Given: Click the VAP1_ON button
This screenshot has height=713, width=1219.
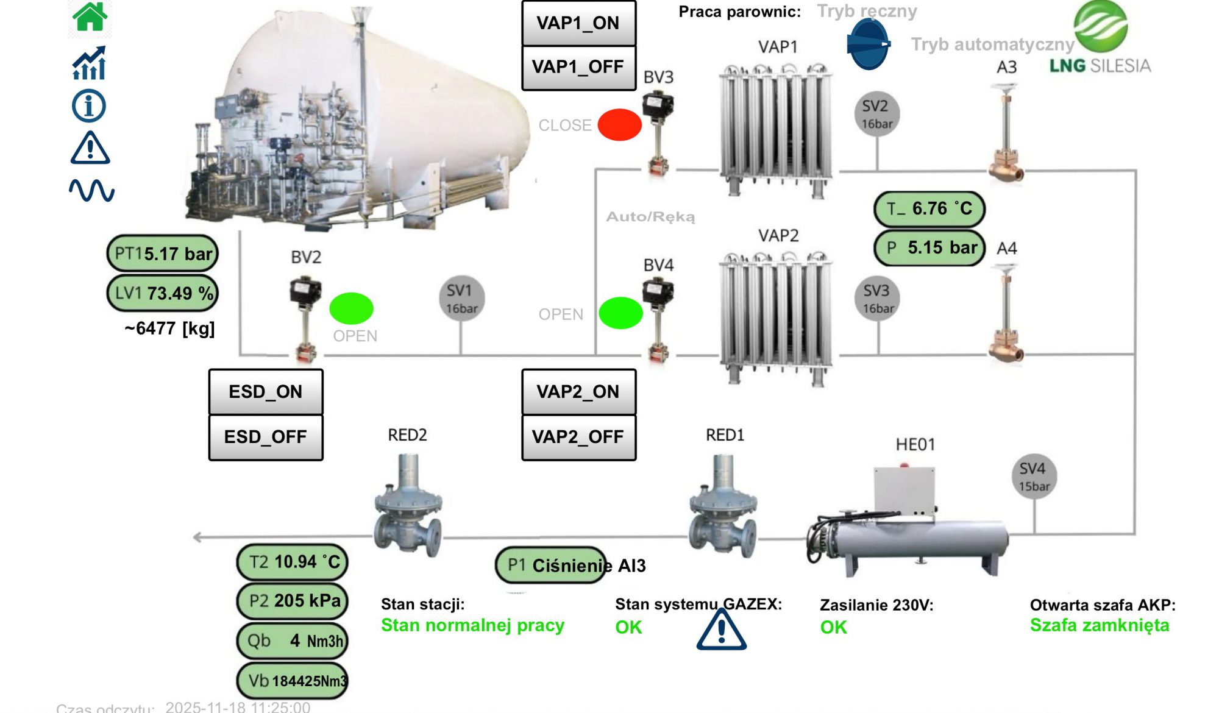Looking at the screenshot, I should [578, 23].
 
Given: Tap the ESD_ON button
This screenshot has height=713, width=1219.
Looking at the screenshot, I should [266, 392].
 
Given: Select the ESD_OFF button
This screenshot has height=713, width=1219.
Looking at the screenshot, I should [266, 437].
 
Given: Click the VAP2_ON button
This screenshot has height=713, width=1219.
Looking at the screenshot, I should [578, 392].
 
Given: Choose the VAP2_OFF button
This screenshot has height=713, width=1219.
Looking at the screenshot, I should [578, 437].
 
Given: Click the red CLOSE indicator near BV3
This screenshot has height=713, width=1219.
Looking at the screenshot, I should [619, 125].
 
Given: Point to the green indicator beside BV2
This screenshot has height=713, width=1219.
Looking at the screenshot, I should [351, 308].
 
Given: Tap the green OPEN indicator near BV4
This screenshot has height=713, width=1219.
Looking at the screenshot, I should [620, 313].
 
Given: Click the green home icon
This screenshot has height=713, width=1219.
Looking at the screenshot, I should [90, 16].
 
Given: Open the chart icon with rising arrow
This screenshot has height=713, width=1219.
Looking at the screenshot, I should [90, 63].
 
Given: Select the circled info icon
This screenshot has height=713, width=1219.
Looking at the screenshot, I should [89, 106].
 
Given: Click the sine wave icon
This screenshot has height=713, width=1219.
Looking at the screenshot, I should [91, 190].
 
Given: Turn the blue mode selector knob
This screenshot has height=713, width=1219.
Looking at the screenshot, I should [868, 44].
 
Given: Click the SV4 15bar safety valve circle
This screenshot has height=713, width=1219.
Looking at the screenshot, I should [1033, 476].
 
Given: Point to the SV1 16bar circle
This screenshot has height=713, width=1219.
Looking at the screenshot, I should [461, 299].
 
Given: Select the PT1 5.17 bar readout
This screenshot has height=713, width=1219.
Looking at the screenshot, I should [163, 254].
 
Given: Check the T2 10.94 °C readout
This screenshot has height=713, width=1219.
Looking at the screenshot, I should [293, 562].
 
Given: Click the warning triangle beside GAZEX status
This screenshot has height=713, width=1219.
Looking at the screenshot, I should [721, 630].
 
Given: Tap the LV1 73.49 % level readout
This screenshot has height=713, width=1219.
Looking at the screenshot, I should [163, 293].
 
